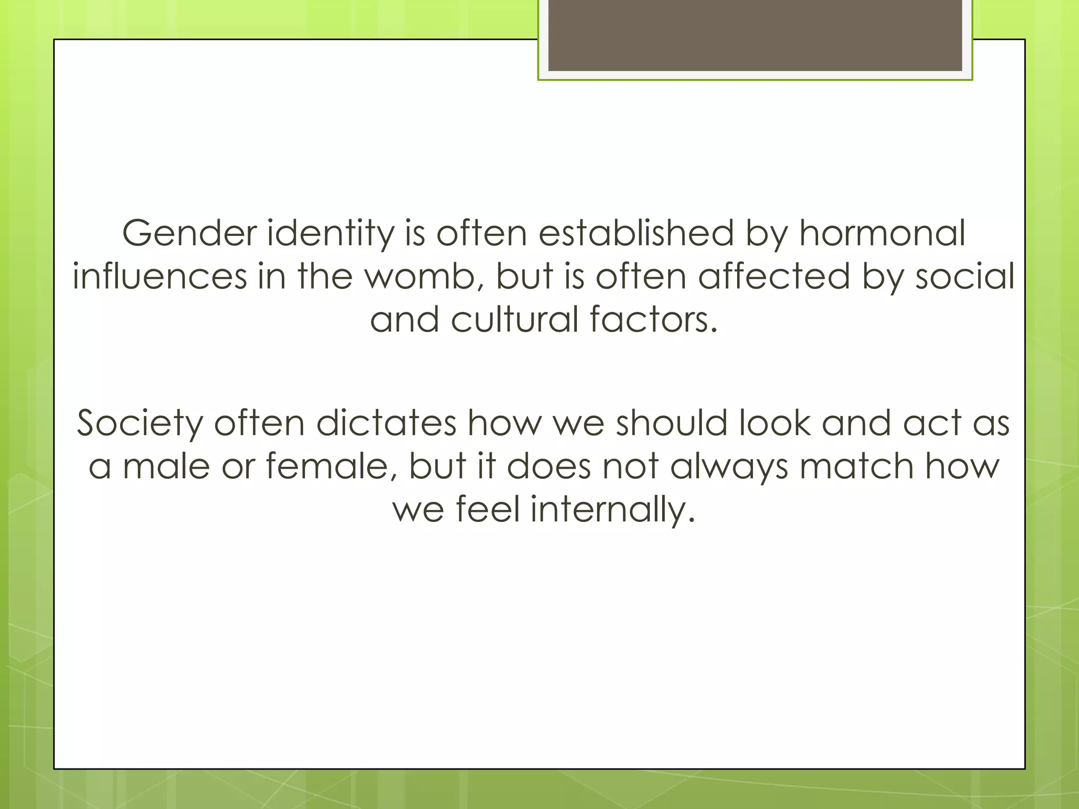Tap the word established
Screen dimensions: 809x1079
635,233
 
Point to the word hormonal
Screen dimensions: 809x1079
882,233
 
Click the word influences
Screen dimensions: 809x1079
160,277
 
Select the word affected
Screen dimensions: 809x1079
773,277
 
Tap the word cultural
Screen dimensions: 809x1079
515,320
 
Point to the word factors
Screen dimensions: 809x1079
653,320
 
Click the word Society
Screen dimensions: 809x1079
140,424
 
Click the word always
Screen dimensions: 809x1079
729,467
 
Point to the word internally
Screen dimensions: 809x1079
613,510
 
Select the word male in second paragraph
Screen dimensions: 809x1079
166,466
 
